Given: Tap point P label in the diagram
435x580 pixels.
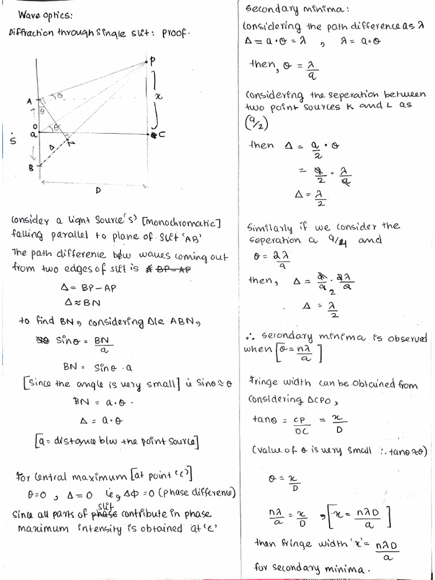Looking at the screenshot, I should [152, 60].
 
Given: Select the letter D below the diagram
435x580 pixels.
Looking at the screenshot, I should [98, 191].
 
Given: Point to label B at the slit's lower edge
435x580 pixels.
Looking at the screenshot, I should [32, 167].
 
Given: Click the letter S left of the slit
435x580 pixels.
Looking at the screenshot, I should [13, 138].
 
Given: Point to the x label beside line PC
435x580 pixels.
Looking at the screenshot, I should [159, 97].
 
